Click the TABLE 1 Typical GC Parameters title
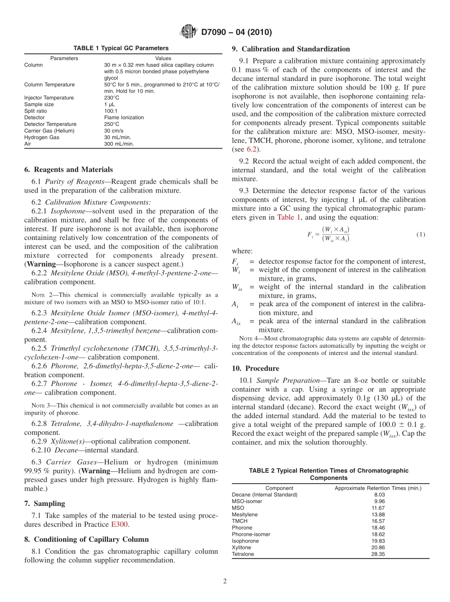[121, 48]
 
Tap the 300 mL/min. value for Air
[119, 144]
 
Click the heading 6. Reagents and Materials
[69, 169]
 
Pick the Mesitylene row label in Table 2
[245, 514]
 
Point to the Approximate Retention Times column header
[378, 488]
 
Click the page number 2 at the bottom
[225, 581]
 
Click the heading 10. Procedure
[255, 368]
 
